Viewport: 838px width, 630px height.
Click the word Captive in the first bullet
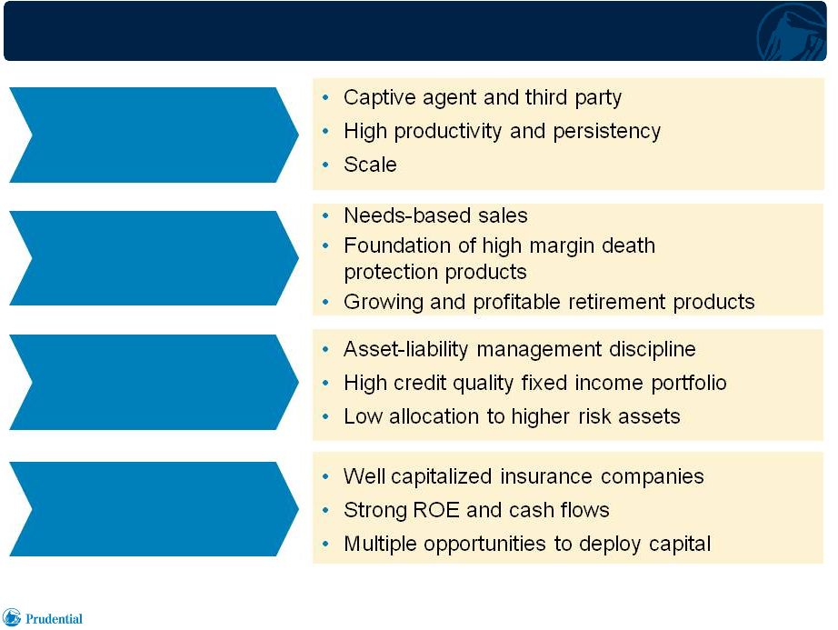tap(379, 97)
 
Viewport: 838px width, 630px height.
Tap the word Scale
tap(370, 165)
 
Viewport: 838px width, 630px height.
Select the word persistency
tap(606, 132)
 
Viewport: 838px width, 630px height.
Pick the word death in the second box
tap(629, 245)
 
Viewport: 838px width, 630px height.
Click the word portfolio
tap(689, 383)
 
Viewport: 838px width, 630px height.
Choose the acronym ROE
tap(436, 510)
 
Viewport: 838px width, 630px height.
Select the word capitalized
tap(442, 476)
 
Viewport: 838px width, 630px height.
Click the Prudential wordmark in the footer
tap(54, 619)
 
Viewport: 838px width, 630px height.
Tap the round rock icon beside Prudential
tap(12, 617)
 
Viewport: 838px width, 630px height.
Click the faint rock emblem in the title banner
tap(792, 32)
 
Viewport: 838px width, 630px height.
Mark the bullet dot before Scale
tap(326, 165)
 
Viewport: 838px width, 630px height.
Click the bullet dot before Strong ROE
tap(326, 510)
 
